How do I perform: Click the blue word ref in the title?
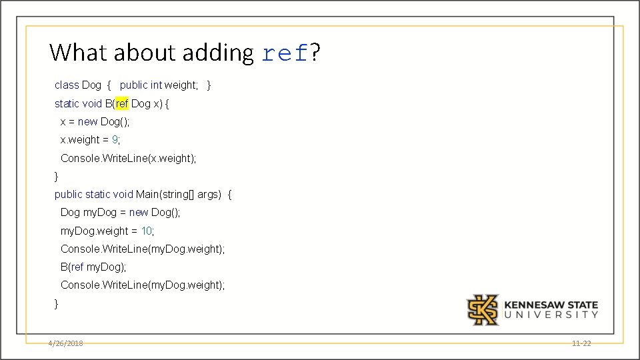(x=285, y=53)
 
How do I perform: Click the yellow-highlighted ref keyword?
(x=122, y=103)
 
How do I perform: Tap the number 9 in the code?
(x=115, y=139)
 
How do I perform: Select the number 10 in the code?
(x=147, y=231)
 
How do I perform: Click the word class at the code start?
(x=67, y=85)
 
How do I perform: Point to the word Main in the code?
(x=147, y=194)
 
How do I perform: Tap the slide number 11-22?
(x=581, y=343)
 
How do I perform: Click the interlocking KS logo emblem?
(x=483, y=310)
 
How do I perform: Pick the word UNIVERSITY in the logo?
(x=551, y=315)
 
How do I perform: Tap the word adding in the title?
(x=217, y=53)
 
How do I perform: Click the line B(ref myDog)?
(x=93, y=267)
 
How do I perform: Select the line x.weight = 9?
(x=91, y=139)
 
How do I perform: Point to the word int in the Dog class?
(x=156, y=85)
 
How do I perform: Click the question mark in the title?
(x=315, y=52)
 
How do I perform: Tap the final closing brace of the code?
(x=57, y=303)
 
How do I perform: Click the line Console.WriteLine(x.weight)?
(x=129, y=158)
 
